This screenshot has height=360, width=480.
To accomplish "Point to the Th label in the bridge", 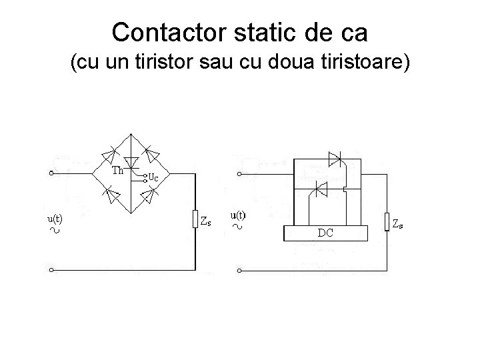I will (117, 170).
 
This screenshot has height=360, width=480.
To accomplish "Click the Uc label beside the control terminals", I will (153, 178).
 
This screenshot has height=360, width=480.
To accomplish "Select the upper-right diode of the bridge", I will (153, 154).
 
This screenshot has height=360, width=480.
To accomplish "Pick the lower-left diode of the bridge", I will (111, 195).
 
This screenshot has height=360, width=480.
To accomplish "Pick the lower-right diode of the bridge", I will (153, 195).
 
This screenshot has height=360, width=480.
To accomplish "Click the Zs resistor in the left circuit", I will (195, 219).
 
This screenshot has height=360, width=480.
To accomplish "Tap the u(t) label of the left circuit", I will (55, 217).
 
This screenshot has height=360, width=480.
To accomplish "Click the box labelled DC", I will (326, 233).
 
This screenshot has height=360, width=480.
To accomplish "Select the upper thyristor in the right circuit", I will (335, 159).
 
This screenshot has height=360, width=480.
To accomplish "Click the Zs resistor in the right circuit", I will (387, 221).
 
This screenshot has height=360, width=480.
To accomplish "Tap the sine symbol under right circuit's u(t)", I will (238, 227).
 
